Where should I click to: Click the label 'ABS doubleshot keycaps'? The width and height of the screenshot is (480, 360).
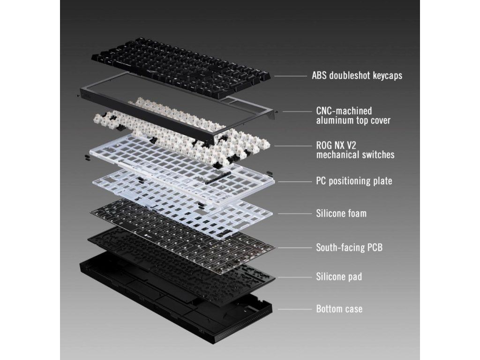[357, 75]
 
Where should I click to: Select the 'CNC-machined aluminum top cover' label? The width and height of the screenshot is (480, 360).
[353, 115]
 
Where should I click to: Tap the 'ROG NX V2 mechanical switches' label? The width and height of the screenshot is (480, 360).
[355, 150]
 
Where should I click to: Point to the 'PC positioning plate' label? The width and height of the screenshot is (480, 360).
[354, 181]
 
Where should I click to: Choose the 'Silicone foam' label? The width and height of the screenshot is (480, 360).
[341, 213]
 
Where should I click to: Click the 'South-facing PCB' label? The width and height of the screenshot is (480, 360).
[349, 247]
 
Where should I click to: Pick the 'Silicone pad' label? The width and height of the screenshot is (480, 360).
[339, 277]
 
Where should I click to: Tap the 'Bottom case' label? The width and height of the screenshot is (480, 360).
[339, 308]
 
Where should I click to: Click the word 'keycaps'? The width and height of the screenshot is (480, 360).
[387, 75]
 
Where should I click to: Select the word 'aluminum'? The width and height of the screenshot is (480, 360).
[335, 120]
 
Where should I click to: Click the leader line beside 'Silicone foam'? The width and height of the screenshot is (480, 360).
[294, 214]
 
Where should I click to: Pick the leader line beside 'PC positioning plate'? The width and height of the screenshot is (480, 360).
[294, 181]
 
